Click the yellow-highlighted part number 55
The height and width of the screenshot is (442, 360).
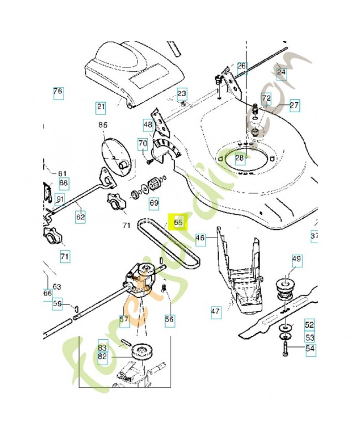tap(179, 223)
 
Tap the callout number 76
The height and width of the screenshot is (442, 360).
tap(58, 92)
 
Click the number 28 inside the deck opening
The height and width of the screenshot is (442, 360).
tap(239, 159)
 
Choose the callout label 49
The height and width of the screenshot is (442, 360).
tap(297, 259)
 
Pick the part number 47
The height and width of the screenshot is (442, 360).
tap(215, 312)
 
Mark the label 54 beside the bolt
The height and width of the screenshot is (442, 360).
tap(309, 348)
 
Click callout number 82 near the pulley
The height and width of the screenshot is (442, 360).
tap(102, 357)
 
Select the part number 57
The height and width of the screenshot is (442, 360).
tap(124, 319)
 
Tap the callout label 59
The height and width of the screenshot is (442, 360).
tap(57, 303)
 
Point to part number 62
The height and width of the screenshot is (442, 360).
tap(81, 217)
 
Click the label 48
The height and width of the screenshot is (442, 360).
tap(147, 125)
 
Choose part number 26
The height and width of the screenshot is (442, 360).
tap(241, 66)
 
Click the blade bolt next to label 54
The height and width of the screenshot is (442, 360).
tap(285, 349)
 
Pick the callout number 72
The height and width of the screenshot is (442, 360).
tap(267, 98)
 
